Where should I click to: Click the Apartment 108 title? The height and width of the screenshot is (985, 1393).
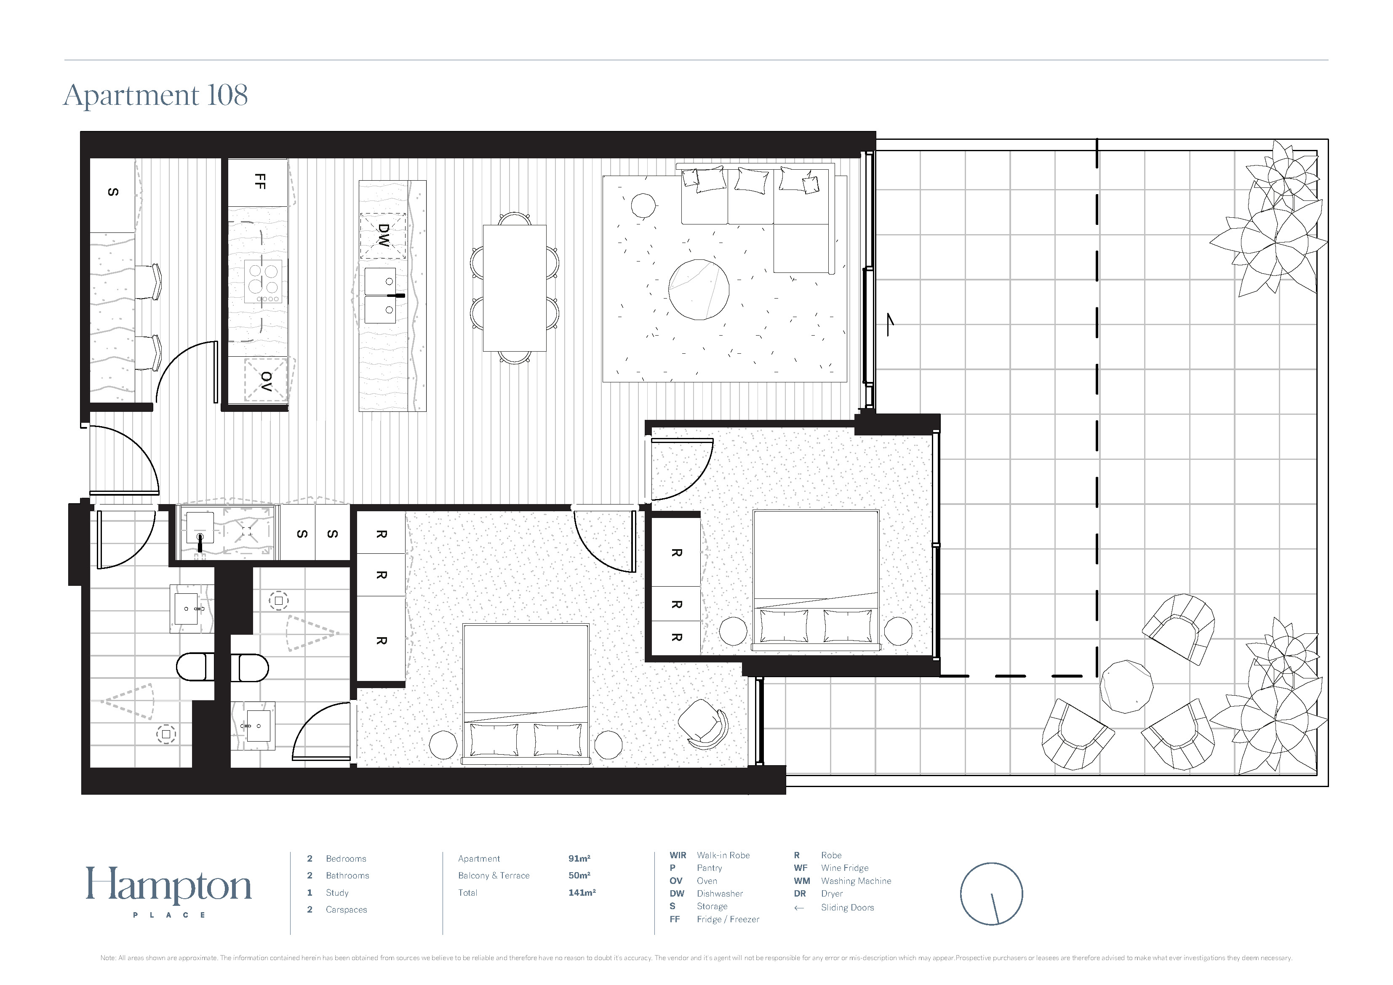point(155,95)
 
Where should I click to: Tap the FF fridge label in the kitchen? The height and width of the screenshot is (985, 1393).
point(260,181)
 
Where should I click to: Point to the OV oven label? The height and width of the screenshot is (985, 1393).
point(266,381)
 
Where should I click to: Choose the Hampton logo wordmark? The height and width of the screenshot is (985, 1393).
point(169,886)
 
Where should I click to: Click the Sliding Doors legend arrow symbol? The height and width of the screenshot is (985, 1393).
point(799,908)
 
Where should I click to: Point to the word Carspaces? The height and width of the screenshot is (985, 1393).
point(347,910)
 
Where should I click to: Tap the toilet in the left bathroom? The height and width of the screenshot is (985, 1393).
point(195,667)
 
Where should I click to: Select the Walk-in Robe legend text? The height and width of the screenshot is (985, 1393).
point(723,856)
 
